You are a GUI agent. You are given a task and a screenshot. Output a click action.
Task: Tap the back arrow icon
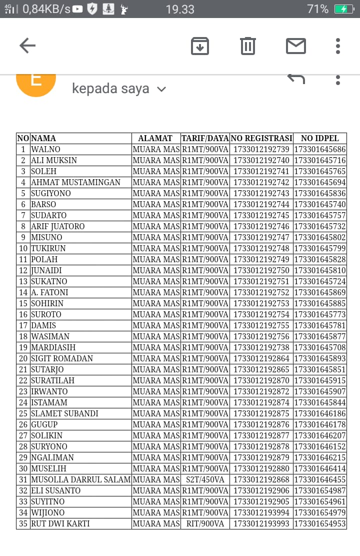pyautogui.click(x=27, y=46)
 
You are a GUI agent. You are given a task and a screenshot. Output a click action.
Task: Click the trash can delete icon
pyautogui.click(x=248, y=46)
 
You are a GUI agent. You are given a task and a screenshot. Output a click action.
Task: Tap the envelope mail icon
pyautogui.click(x=295, y=46)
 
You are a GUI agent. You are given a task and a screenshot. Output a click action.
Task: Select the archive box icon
pyautogui.click(x=200, y=46)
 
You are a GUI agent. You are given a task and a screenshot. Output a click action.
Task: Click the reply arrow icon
pyautogui.click(x=296, y=79)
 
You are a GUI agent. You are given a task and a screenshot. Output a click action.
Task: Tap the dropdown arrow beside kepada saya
pyautogui.click(x=161, y=89)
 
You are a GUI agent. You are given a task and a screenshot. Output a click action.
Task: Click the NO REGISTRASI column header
pyautogui.click(x=261, y=139)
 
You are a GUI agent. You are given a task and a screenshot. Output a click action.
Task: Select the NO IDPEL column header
pyautogui.click(x=320, y=139)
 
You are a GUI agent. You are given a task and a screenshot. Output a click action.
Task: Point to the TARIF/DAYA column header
pyautogui.click(x=205, y=139)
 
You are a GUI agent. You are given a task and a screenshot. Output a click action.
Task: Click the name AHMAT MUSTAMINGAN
pyautogui.click(x=75, y=183)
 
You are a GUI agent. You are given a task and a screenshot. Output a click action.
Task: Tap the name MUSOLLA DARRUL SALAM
pyautogui.click(x=80, y=480)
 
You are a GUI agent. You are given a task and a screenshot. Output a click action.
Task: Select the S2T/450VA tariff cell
pyautogui.click(x=205, y=480)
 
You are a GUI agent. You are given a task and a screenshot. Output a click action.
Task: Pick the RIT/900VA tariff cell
pyautogui.click(x=205, y=524)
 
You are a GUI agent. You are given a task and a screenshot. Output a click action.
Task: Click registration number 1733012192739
pyautogui.click(x=261, y=150)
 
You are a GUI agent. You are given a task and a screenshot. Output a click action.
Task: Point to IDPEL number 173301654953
pyautogui.click(x=320, y=524)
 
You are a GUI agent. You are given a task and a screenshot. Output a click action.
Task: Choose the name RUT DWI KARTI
pyautogui.click(x=60, y=524)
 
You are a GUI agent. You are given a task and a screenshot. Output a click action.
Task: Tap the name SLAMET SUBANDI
pyautogui.click(x=64, y=414)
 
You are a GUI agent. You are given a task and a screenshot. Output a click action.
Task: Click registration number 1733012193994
pyautogui.click(x=261, y=513)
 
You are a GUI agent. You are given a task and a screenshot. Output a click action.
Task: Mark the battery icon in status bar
pyautogui.click(x=344, y=9)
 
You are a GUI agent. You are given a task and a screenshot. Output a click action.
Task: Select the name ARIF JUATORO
pyautogui.click(x=58, y=227)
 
